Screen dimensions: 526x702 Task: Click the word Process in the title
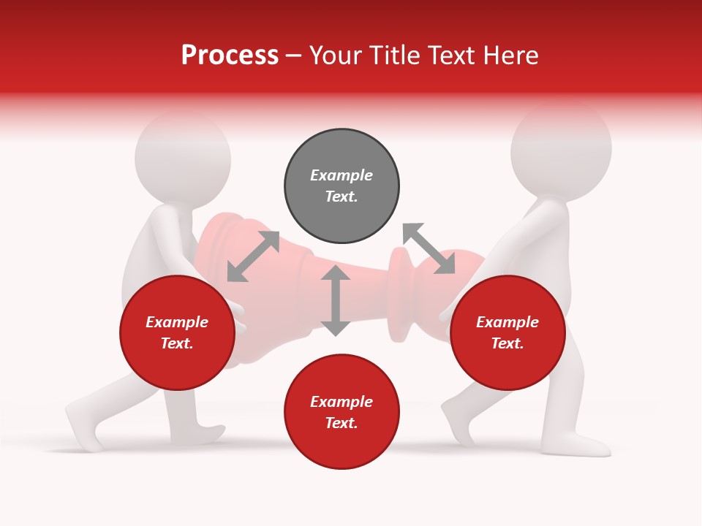pos(230,56)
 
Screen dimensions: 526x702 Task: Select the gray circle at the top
pos(341,186)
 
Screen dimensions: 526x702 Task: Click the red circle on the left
pos(177,332)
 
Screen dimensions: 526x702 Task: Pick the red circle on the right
pos(507,332)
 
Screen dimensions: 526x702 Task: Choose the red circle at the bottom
pos(341,412)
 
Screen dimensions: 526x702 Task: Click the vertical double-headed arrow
pos(336,300)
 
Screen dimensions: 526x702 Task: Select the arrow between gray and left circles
pos(253,256)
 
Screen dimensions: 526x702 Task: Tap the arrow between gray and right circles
pos(429,249)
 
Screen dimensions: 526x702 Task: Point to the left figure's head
pos(183,157)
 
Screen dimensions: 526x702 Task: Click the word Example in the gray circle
pos(341,175)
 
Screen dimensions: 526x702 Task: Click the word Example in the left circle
pos(177,322)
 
